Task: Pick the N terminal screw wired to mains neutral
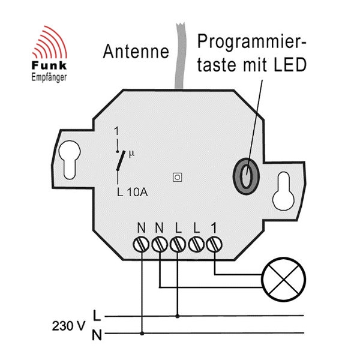142,244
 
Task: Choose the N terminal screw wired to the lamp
160,244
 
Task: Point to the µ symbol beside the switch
133,154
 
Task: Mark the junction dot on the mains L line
178,315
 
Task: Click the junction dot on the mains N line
142,334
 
